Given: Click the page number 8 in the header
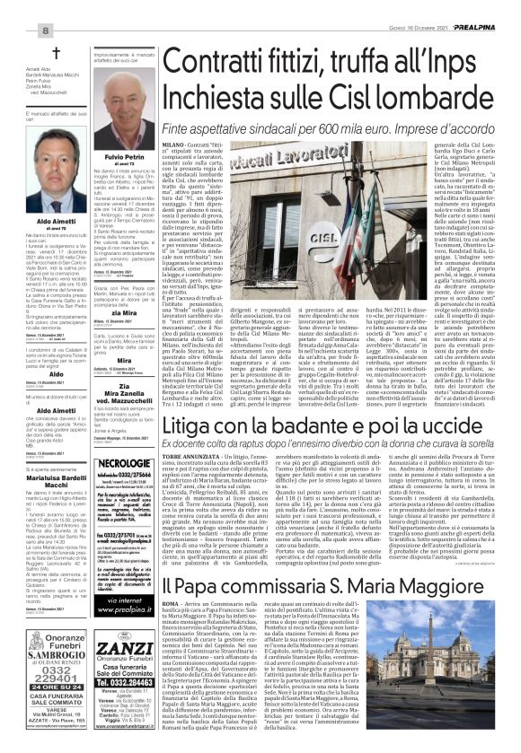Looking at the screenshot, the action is coord(18,7).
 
